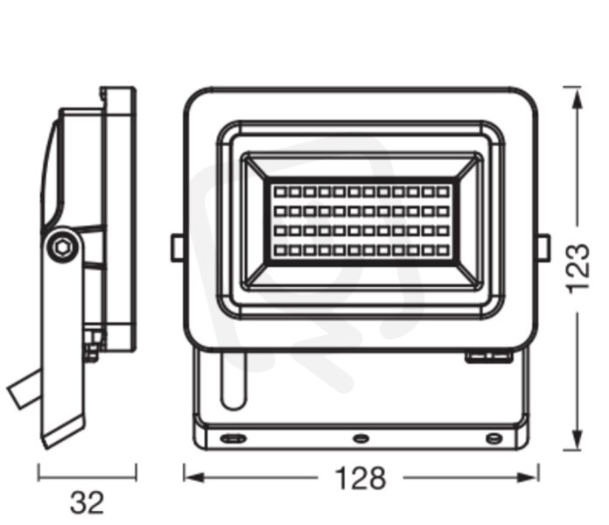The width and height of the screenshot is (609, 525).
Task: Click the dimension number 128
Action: click(x=360, y=478)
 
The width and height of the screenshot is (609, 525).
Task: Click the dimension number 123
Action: click(x=577, y=269)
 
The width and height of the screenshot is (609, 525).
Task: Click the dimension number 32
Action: click(x=87, y=502)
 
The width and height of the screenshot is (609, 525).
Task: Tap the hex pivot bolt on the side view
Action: click(x=62, y=247)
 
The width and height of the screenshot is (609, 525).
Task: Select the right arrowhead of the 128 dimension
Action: click(x=528, y=478)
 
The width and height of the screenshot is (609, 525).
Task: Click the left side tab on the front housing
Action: click(x=178, y=248)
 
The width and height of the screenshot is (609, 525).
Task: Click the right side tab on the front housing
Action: click(x=543, y=248)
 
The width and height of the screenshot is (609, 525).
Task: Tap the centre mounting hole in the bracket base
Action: click(x=360, y=438)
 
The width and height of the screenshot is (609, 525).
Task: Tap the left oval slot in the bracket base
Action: click(x=233, y=438)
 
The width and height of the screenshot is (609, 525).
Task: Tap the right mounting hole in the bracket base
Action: click(x=494, y=438)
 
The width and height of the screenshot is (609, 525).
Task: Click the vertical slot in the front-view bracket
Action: click(x=233, y=381)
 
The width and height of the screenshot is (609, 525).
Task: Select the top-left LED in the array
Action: click(x=280, y=192)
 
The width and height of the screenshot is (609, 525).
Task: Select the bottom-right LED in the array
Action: click(x=443, y=250)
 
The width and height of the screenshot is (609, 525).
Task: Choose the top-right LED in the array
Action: click(x=443, y=192)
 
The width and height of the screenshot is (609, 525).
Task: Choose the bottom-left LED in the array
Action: click(x=280, y=250)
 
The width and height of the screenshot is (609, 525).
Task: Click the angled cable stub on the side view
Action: click(x=24, y=389)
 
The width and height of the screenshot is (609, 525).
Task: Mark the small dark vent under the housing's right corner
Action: click(x=488, y=356)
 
